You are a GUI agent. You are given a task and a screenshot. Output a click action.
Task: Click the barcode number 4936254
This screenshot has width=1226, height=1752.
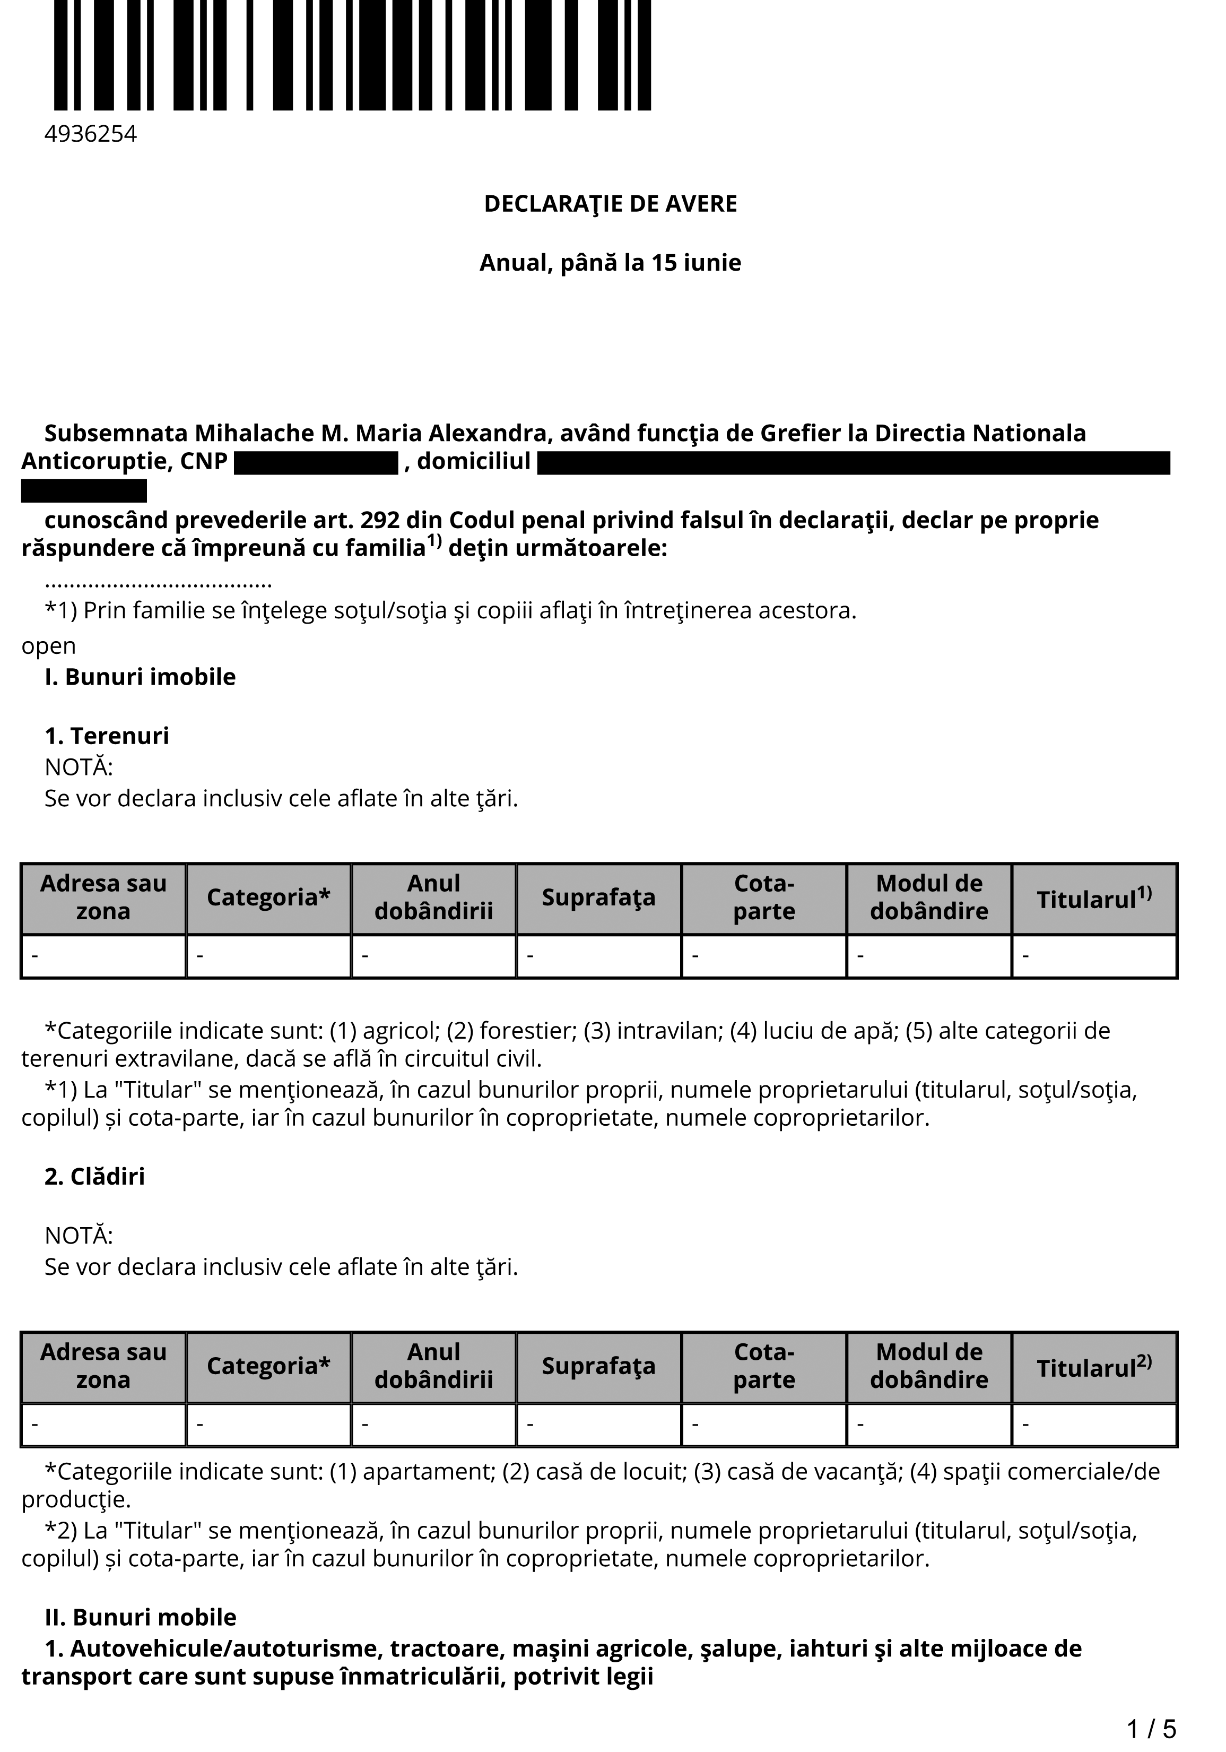(x=91, y=134)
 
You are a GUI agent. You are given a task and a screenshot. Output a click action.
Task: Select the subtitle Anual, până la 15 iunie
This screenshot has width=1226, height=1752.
(x=610, y=263)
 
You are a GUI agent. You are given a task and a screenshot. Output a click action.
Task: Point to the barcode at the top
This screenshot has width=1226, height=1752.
(x=352, y=55)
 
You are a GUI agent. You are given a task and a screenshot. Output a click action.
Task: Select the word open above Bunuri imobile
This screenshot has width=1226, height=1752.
(x=49, y=647)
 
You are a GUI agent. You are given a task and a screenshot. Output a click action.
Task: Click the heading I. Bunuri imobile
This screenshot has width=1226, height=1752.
(x=141, y=677)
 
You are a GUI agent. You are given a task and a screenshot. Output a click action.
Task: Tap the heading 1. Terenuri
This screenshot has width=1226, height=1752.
(x=107, y=736)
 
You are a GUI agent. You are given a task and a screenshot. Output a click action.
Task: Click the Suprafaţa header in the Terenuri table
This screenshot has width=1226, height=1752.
(x=599, y=898)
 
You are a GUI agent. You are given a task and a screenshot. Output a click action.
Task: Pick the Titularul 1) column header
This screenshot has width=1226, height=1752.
(x=1094, y=898)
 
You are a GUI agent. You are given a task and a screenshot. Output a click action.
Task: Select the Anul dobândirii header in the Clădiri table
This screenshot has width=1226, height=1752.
(x=434, y=1366)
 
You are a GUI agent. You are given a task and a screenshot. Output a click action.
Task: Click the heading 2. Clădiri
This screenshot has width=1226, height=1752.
(x=94, y=1177)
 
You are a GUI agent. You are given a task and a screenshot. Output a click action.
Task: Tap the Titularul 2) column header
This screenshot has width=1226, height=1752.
(x=1094, y=1367)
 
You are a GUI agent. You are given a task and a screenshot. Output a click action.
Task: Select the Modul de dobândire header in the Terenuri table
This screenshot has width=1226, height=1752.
(x=929, y=897)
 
